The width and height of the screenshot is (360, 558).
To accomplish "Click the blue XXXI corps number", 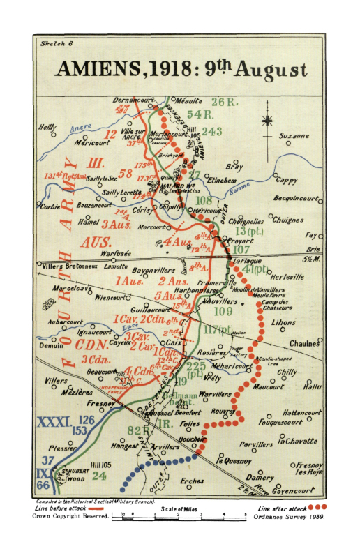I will point(53,423).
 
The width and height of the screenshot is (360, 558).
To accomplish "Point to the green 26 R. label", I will point(226,103).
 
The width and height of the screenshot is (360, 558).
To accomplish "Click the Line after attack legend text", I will point(282,508).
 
